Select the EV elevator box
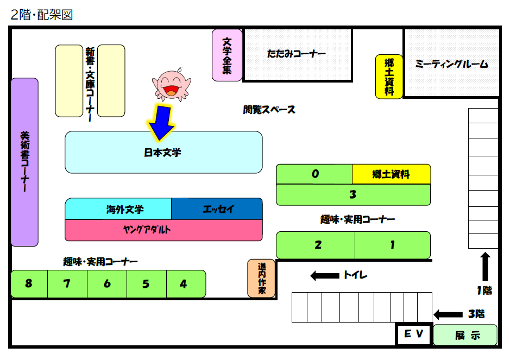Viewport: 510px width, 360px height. click(413, 334)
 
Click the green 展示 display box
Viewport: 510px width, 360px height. click(465, 335)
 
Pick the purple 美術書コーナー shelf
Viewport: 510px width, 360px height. click(24, 162)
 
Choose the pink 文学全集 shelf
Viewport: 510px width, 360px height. click(227, 55)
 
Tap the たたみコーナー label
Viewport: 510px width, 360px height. click(297, 54)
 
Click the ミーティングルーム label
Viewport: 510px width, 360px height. click(452, 64)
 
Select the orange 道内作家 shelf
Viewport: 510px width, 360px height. click(261, 279)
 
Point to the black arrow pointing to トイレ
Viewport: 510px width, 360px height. click(324, 276)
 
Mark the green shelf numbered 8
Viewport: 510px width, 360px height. click(29, 284)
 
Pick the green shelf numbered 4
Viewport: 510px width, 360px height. click(184, 284)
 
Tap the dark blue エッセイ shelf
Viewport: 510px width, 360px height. click(217, 209)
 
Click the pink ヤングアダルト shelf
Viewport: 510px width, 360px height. click(163, 230)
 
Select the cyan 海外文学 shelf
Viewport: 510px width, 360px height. click(118, 209)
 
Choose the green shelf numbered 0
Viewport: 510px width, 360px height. click(314, 174)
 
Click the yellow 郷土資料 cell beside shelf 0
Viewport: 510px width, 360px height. click(391, 174)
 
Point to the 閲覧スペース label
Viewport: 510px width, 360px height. click(269, 110)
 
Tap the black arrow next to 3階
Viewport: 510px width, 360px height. click(447, 314)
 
